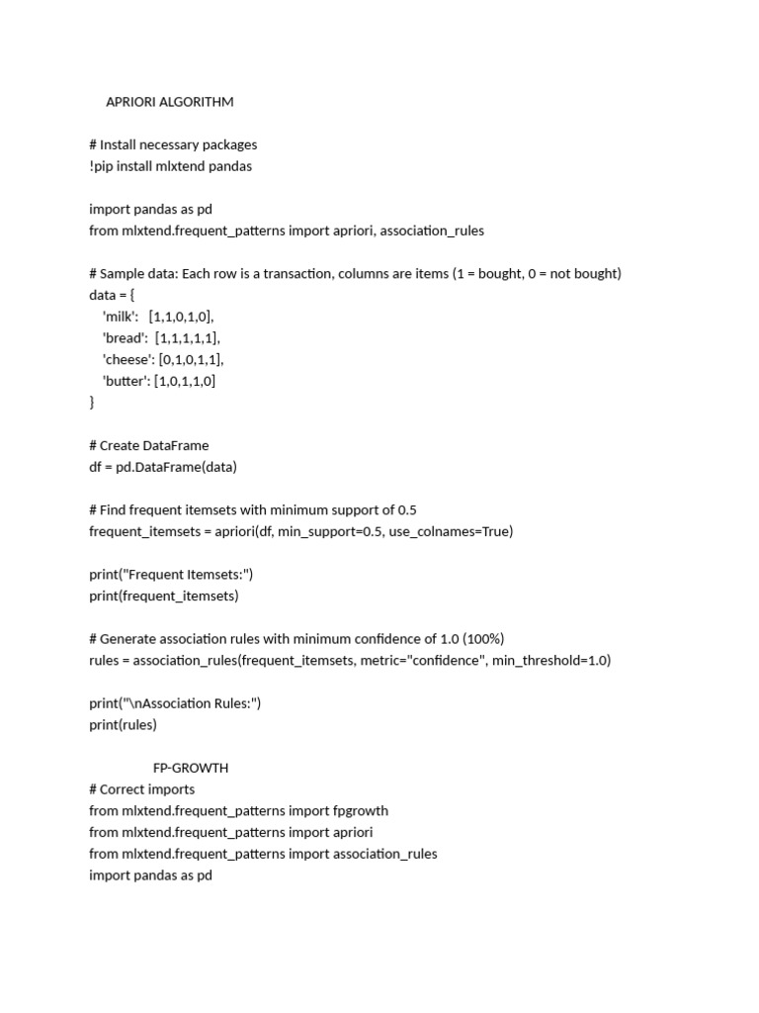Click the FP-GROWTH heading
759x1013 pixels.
point(191,768)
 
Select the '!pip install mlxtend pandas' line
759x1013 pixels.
point(170,166)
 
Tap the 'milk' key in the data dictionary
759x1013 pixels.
point(121,317)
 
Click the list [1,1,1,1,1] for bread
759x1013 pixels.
point(188,338)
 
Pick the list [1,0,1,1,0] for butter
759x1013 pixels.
point(185,381)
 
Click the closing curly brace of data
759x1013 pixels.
point(92,403)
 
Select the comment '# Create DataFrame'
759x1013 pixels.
point(148,445)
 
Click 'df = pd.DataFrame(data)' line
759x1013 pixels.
point(163,467)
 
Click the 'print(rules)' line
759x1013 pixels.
point(123,724)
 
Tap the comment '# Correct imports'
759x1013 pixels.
point(141,789)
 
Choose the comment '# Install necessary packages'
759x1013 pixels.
point(173,144)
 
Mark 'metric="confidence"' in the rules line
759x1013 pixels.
point(424,660)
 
